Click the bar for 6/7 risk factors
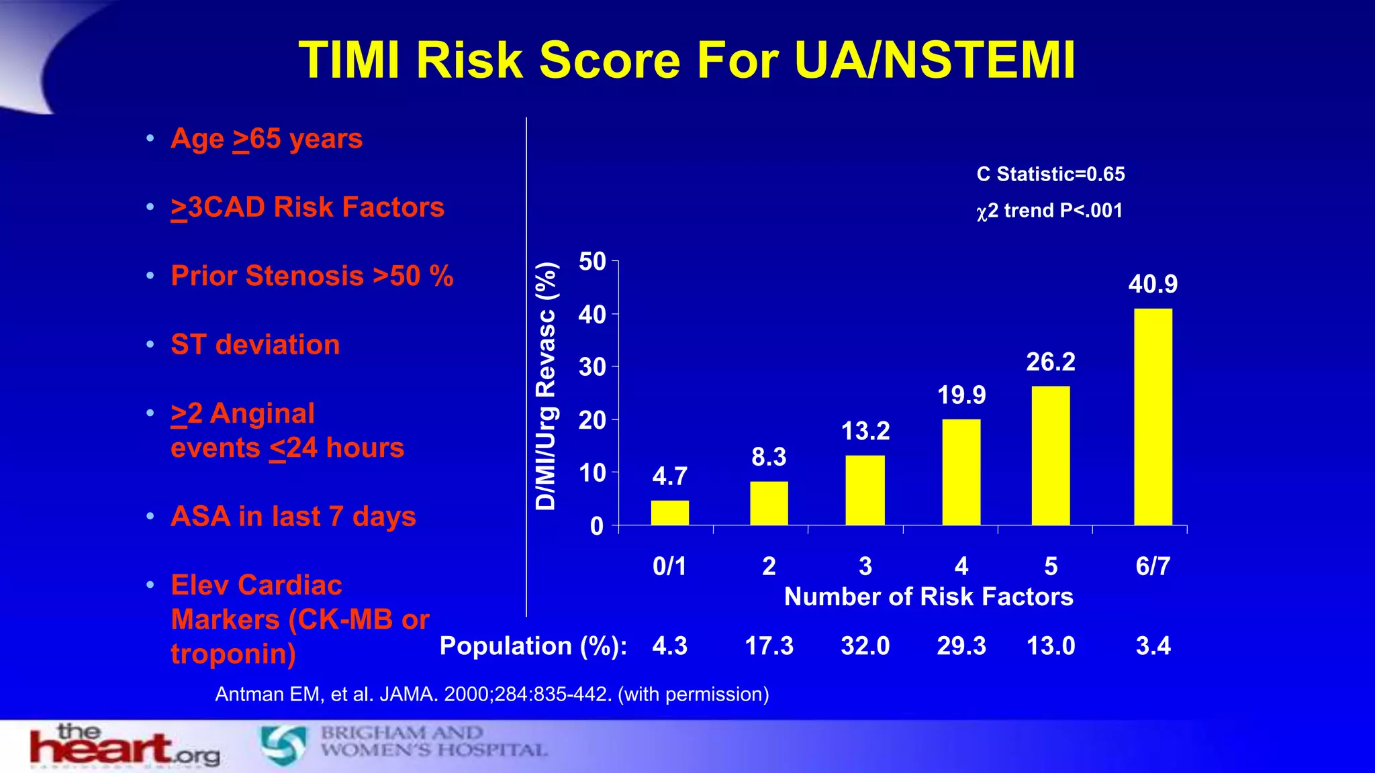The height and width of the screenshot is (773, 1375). click(x=1153, y=417)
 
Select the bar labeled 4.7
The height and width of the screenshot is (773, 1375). click(x=669, y=513)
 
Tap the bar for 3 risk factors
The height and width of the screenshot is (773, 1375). click(x=865, y=490)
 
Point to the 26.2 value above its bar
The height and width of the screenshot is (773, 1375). click(x=1050, y=362)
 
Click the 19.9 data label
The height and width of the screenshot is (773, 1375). click(x=961, y=395)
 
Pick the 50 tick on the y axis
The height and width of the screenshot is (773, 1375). click(x=592, y=262)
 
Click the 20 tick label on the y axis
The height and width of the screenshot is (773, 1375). click(x=592, y=421)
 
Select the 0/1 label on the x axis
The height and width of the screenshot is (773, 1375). click(x=669, y=566)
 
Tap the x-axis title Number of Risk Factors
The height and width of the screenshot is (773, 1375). click(x=929, y=597)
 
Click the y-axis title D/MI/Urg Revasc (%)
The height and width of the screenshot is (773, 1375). click(x=547, y=386)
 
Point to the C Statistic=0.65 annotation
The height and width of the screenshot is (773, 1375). click(x=1051, y=174)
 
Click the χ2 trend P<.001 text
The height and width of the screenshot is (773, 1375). click(x=1049, y=211)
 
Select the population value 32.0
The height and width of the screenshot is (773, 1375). click(x=865, y=646)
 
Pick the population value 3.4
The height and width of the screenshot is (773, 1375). click(x=1153, y=646)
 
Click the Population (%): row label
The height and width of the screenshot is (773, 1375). click(x=533, y=646)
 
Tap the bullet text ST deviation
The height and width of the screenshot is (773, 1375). click(x=255, y=345)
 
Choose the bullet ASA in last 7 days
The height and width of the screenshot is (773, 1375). click(x=293, y=517)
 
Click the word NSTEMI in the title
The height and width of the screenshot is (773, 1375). click(x=979, y=60)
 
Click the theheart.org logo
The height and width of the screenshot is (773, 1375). click(x=125, y=746)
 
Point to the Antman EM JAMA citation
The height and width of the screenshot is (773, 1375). click(x=491, y=694)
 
